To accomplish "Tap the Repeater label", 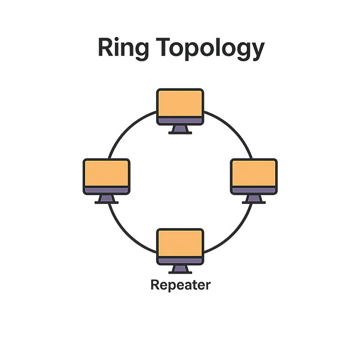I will (x=180, y=286).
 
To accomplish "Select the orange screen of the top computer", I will (x=180, y=102).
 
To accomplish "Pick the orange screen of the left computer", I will (x=106, y=173).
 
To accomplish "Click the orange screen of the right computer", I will (x=254, y=173).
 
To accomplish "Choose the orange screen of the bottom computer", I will (x=180, y=243).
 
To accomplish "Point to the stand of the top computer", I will (x=180, y=130).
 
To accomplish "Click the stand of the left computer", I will (x=106, y=199).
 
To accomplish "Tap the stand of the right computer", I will (x=254, y=199).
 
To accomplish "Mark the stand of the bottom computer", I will (x=180, y=269).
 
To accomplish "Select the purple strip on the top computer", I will (x=180, y=120).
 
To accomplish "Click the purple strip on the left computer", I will (x=106, y=190).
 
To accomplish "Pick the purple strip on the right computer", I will (x=254, y=190).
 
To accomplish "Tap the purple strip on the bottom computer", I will (x=180, y=260).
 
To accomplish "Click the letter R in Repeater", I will (x=155, y=286).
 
